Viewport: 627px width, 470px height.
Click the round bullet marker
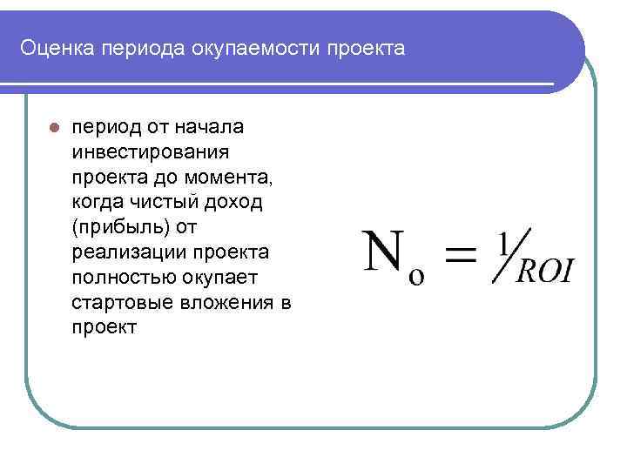(54, 128)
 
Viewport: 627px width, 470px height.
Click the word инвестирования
(151, 152)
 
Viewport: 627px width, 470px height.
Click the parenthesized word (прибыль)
(120, 228)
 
